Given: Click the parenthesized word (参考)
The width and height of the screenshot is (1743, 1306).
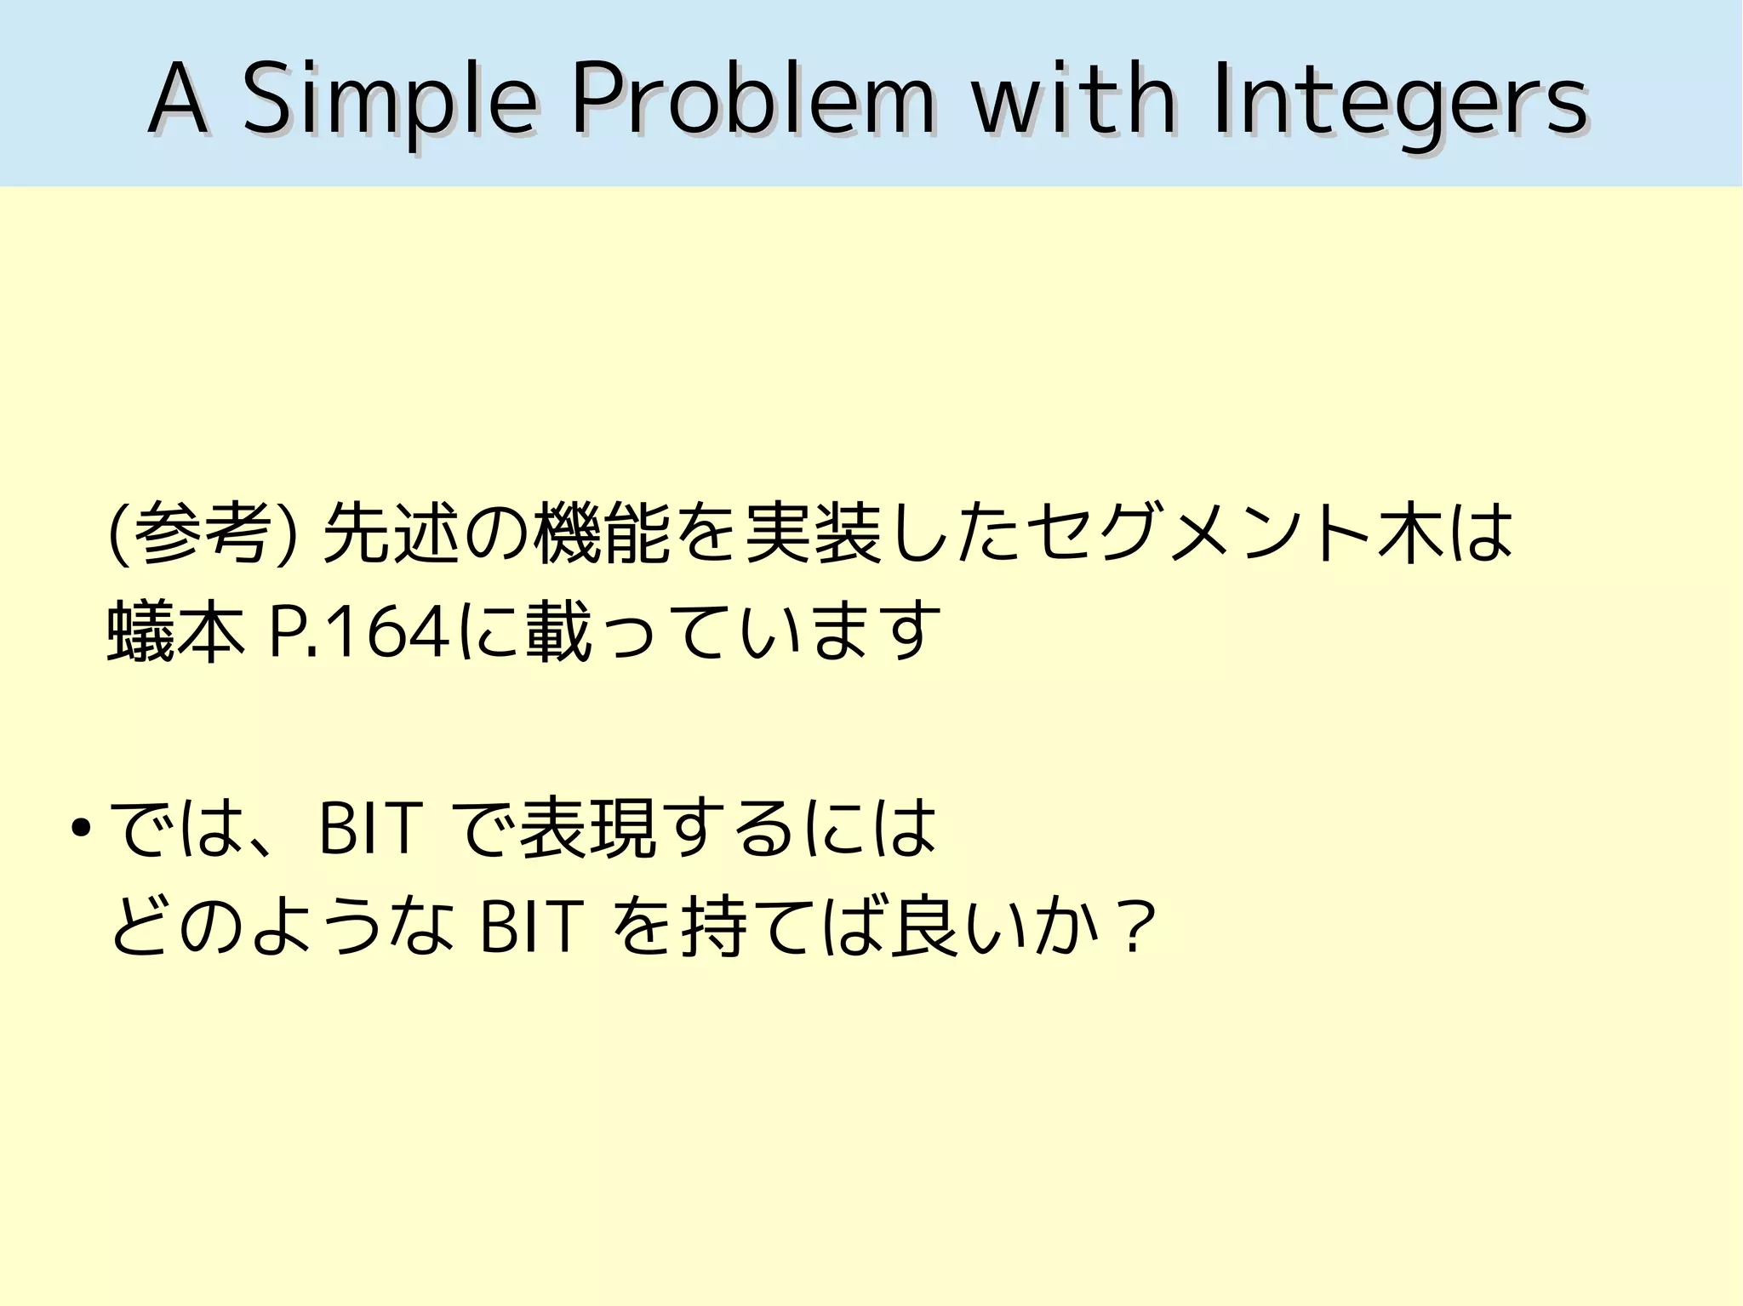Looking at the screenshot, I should coord(203,534).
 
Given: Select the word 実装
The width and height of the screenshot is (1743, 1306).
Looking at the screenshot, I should coord(813,534).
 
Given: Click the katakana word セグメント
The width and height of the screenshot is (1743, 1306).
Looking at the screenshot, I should coord(1200,534).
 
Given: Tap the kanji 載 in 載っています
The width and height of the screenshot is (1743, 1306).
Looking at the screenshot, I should coord(558,632).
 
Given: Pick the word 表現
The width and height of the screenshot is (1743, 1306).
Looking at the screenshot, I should coord(587,827).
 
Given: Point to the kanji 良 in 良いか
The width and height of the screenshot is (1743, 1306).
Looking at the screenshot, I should coord(923,926).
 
